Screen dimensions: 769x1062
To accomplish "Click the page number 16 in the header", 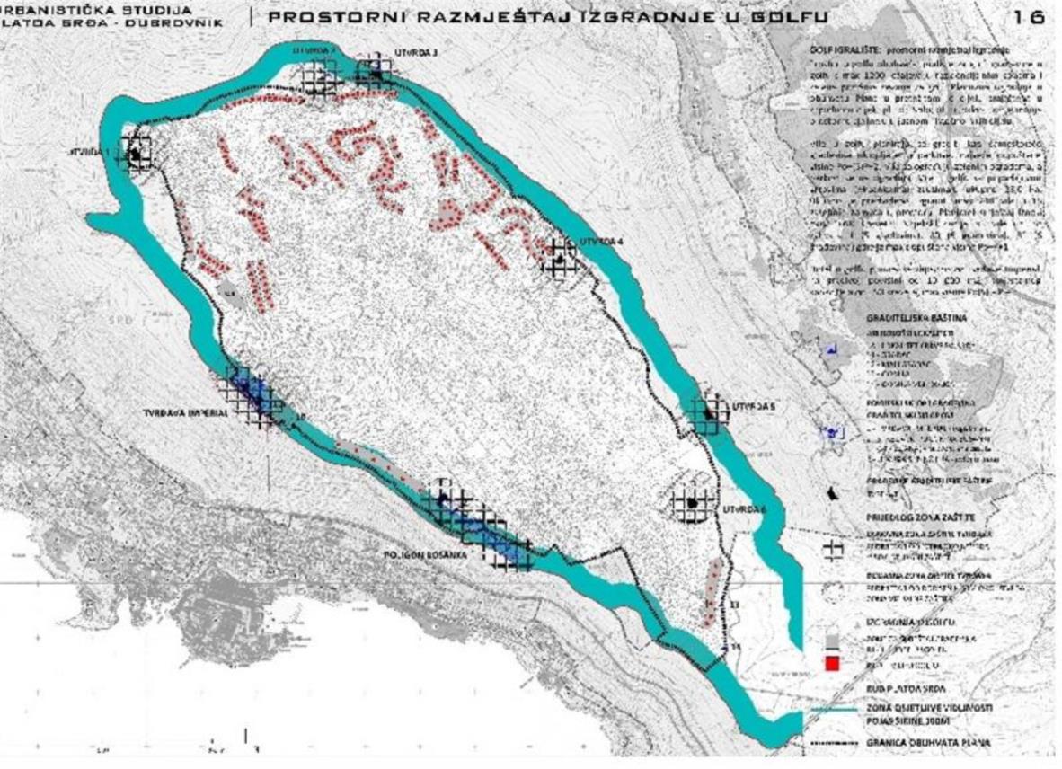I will (x=1028, y=17).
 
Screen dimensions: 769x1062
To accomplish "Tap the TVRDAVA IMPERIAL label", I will (x=181, y=415).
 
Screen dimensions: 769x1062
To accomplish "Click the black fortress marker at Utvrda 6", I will (x=693, y=503).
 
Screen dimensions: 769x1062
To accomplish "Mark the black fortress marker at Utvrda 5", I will (x=710, y=414).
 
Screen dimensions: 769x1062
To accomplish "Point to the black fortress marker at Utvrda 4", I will (x=561, y=259).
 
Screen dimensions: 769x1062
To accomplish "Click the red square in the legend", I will (x=833, y=664).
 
